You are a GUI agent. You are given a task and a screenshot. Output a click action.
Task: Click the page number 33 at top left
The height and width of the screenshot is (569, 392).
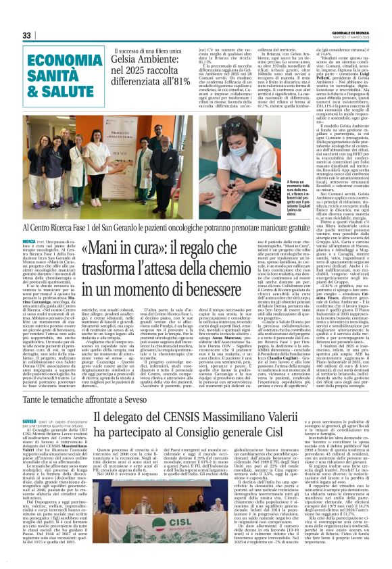tap(27, 35)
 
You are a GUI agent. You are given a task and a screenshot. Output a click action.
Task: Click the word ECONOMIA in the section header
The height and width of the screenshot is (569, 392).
tap(55, 59)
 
